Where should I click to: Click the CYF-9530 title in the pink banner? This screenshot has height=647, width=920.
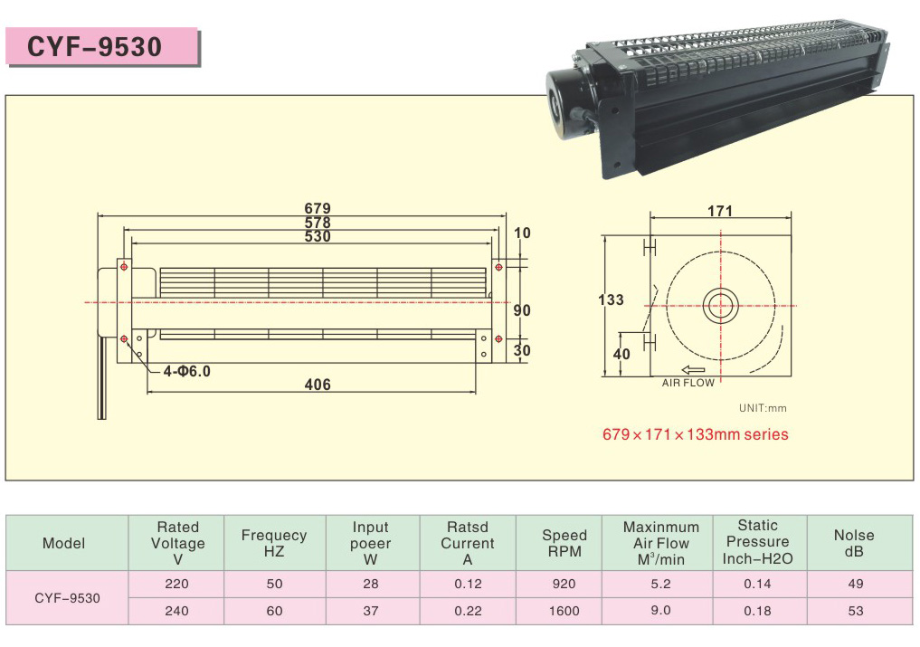94,46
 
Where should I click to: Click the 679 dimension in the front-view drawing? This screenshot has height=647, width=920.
318,208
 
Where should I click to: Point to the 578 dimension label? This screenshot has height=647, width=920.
318,223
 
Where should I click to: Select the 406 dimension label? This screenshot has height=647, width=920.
318,385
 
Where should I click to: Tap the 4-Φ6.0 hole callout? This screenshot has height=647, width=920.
186,371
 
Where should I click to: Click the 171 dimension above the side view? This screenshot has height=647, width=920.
720,211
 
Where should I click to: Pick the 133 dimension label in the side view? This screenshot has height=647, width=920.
611,300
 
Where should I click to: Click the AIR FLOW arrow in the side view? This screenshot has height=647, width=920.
694,370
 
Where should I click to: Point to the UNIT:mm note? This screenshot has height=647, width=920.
763,408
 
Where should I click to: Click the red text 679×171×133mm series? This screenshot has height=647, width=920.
696,434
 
